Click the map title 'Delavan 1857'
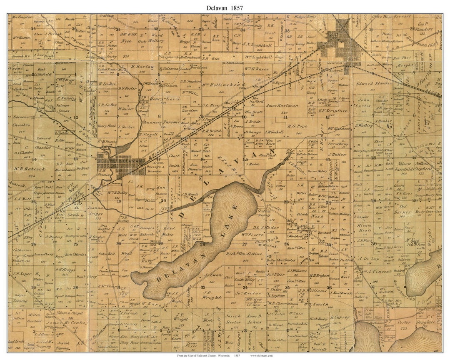point(225,7)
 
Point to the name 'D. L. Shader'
point(265,227)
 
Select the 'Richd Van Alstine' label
point(244,253)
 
